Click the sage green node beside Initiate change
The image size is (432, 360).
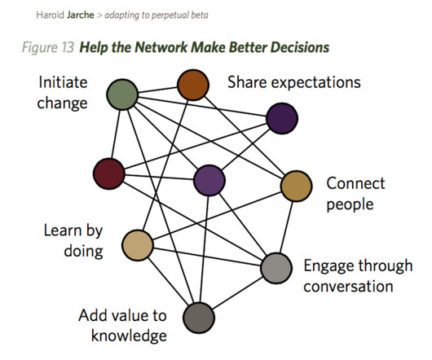click(x=122, y=94)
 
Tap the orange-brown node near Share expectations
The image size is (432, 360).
click(x=193, y=85)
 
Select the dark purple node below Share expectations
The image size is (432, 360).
click(x=282, y=118)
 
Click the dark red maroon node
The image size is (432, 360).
click(x=109, y=173)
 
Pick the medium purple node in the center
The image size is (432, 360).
click(x=209, y=180)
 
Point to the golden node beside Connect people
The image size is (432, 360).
click(x=296, y=186)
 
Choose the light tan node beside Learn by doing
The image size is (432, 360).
click(x=138, y=245)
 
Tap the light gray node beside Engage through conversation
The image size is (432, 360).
click(x=276, y=268)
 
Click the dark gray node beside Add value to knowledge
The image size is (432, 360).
click(x=199, y=318)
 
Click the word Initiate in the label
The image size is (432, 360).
click(x=63, y=82)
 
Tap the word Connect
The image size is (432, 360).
click(x=355, y=183)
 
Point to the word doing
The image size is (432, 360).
click(x=83, y=252)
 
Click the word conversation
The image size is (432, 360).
click(x=348, y=286)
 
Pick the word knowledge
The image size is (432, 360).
click(x=129, y=336)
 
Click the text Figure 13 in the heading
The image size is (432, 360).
click(x=48, y=47)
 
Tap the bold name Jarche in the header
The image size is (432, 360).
click(x=81, y=15)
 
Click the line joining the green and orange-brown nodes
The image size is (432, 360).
click(x=157, y=90)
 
